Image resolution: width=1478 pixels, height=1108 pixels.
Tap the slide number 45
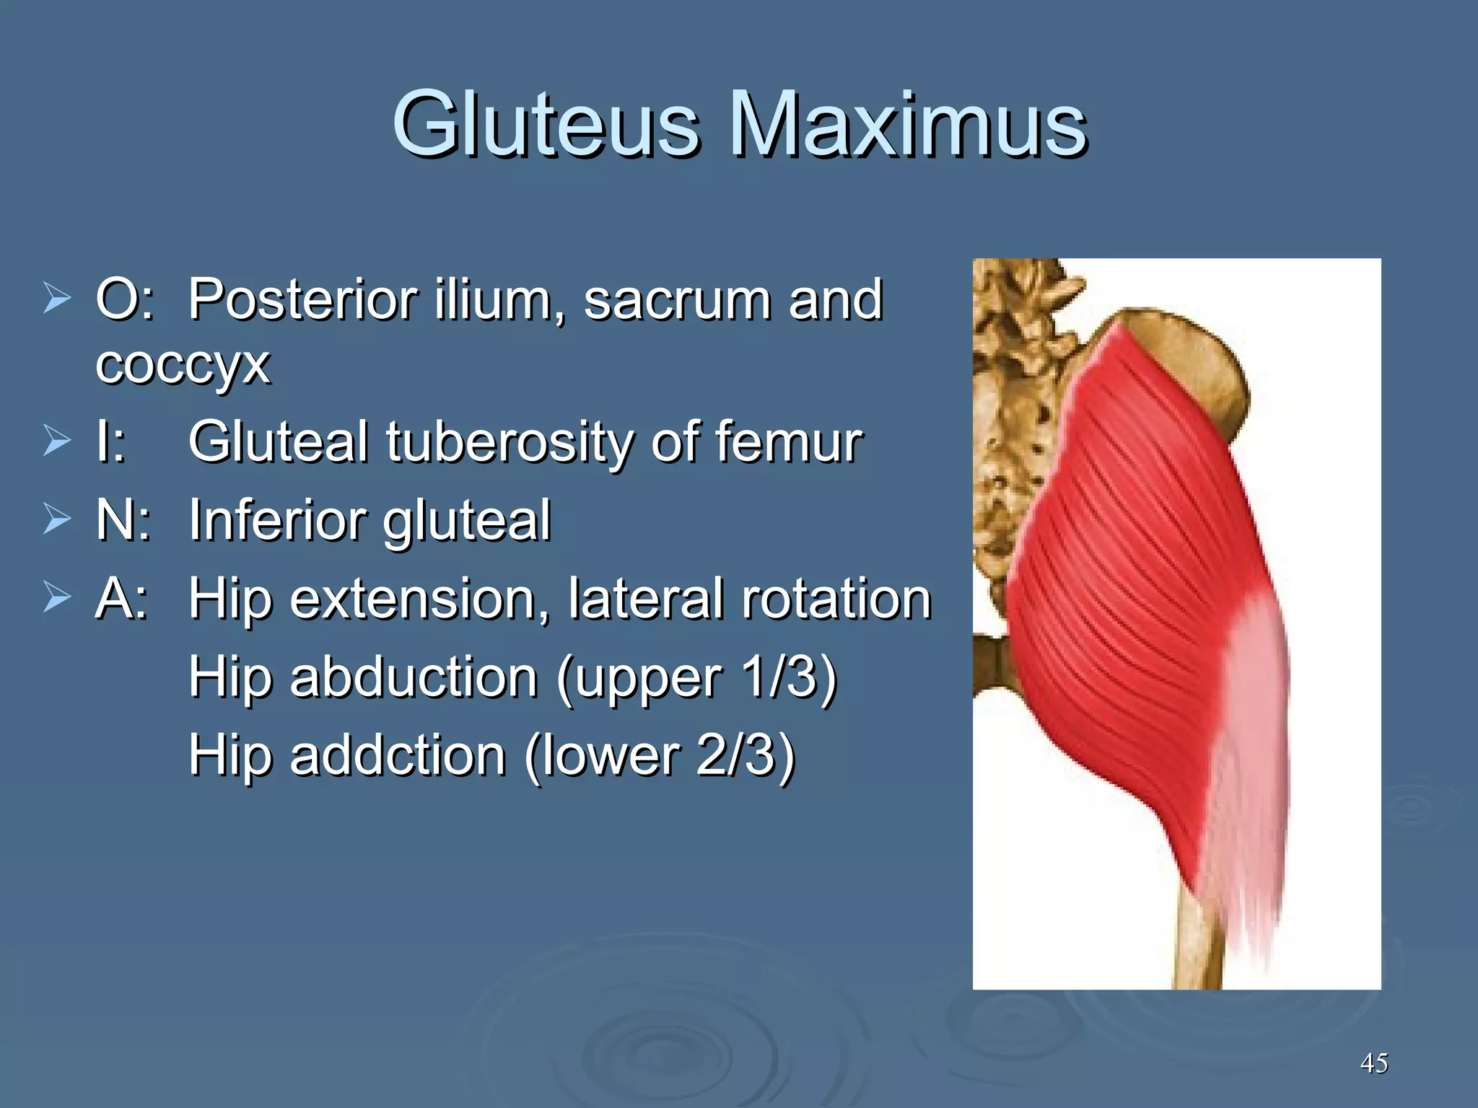pyautogui.click(x=1373, y=1063)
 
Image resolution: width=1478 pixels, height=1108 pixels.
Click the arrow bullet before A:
pyautogui.click(x=57, y=597)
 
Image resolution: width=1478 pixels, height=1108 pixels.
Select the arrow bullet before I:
pyautogui.click(x=57, y=441)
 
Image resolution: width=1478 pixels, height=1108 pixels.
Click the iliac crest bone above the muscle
pyautogui.click(x=1191, y=346)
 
